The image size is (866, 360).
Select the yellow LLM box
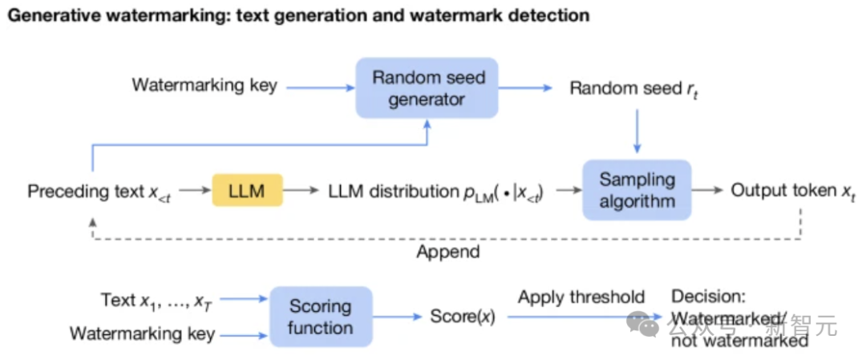tap(247, 191)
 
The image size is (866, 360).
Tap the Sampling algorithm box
tap(637, 190)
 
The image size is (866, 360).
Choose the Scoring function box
tap(321, 317)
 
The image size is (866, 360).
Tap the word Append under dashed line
tap(447, 252)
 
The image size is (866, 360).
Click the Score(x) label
tap(463, 317)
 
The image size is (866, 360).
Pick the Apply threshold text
tap(581, 297)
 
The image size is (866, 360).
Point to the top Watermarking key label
tap(204, 85)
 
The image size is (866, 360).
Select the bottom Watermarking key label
tap(142, 334)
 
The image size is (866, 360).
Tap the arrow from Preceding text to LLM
tap(193, 192)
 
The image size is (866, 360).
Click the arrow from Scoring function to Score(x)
tap(398, 317)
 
